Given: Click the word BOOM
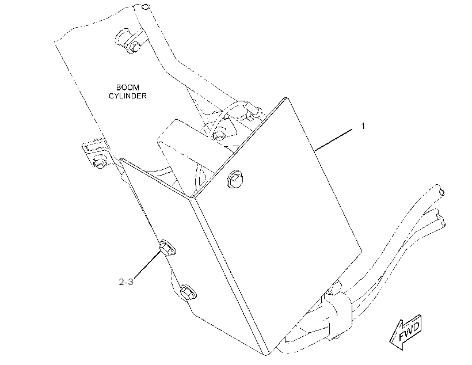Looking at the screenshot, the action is coord(128,88).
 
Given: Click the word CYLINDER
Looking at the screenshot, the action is coord(128,96).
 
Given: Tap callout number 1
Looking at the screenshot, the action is coord(363,126).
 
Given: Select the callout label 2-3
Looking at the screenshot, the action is coord(126,282).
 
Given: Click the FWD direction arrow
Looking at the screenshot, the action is coord(406,332).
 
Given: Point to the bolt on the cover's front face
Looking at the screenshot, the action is coord(235,178).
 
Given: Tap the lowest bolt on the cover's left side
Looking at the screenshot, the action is coord(188,291).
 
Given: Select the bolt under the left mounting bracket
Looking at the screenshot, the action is coord(100,162).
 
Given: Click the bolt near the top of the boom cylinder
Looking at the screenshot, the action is coord(135,46).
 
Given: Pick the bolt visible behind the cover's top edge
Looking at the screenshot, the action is coord(218,135).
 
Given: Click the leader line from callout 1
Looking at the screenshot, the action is coord(333,140).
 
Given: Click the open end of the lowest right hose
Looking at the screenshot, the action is coord(443,223).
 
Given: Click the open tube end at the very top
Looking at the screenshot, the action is coord(145,6).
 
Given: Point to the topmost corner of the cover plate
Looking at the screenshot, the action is coord(286,97).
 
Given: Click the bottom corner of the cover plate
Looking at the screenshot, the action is coord(267,355).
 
